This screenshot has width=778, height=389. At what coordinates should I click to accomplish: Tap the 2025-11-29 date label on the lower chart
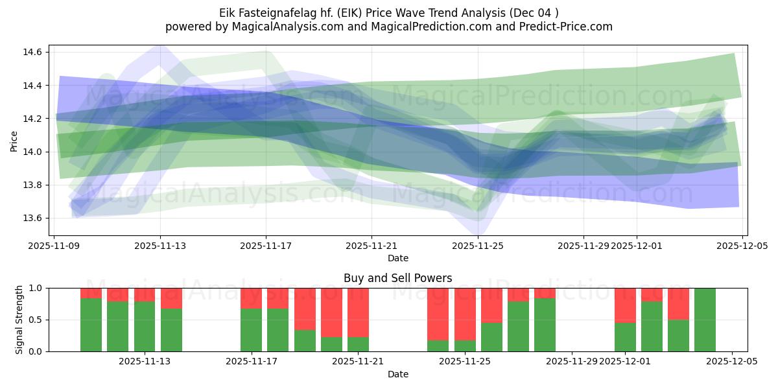572,362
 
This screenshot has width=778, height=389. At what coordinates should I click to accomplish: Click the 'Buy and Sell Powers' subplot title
397,278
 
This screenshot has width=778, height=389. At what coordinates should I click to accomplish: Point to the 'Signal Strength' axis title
19,320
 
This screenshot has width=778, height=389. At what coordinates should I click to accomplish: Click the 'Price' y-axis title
14,141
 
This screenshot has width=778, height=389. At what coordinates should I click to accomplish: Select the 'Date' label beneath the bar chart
397,374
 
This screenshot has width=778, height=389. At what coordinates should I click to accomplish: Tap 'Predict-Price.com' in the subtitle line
571,27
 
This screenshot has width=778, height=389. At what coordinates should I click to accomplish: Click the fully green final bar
705,320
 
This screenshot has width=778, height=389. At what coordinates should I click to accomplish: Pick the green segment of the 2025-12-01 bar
625,337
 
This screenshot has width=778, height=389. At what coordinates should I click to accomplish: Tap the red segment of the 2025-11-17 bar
251,298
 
